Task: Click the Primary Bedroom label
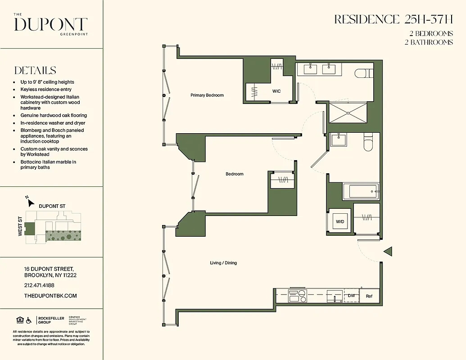point(207,95)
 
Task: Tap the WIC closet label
point(276,91)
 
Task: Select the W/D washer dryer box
point(340,221)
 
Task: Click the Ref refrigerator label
point(369,296)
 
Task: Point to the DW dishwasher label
point(351,296)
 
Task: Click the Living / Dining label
point(223,263)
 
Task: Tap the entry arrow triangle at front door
point(388,251)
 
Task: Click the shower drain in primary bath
point(348,113)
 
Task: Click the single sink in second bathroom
point(339,139)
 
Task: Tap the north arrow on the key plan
point(30,202)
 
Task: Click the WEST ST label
point(20,226)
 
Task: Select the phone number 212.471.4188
point(39,285)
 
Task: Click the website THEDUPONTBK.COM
point(50,296)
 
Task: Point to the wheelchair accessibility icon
point(29,320)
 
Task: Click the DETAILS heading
point(35,70)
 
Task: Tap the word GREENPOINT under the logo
point(74,34)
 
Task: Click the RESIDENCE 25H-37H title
point(394,20)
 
